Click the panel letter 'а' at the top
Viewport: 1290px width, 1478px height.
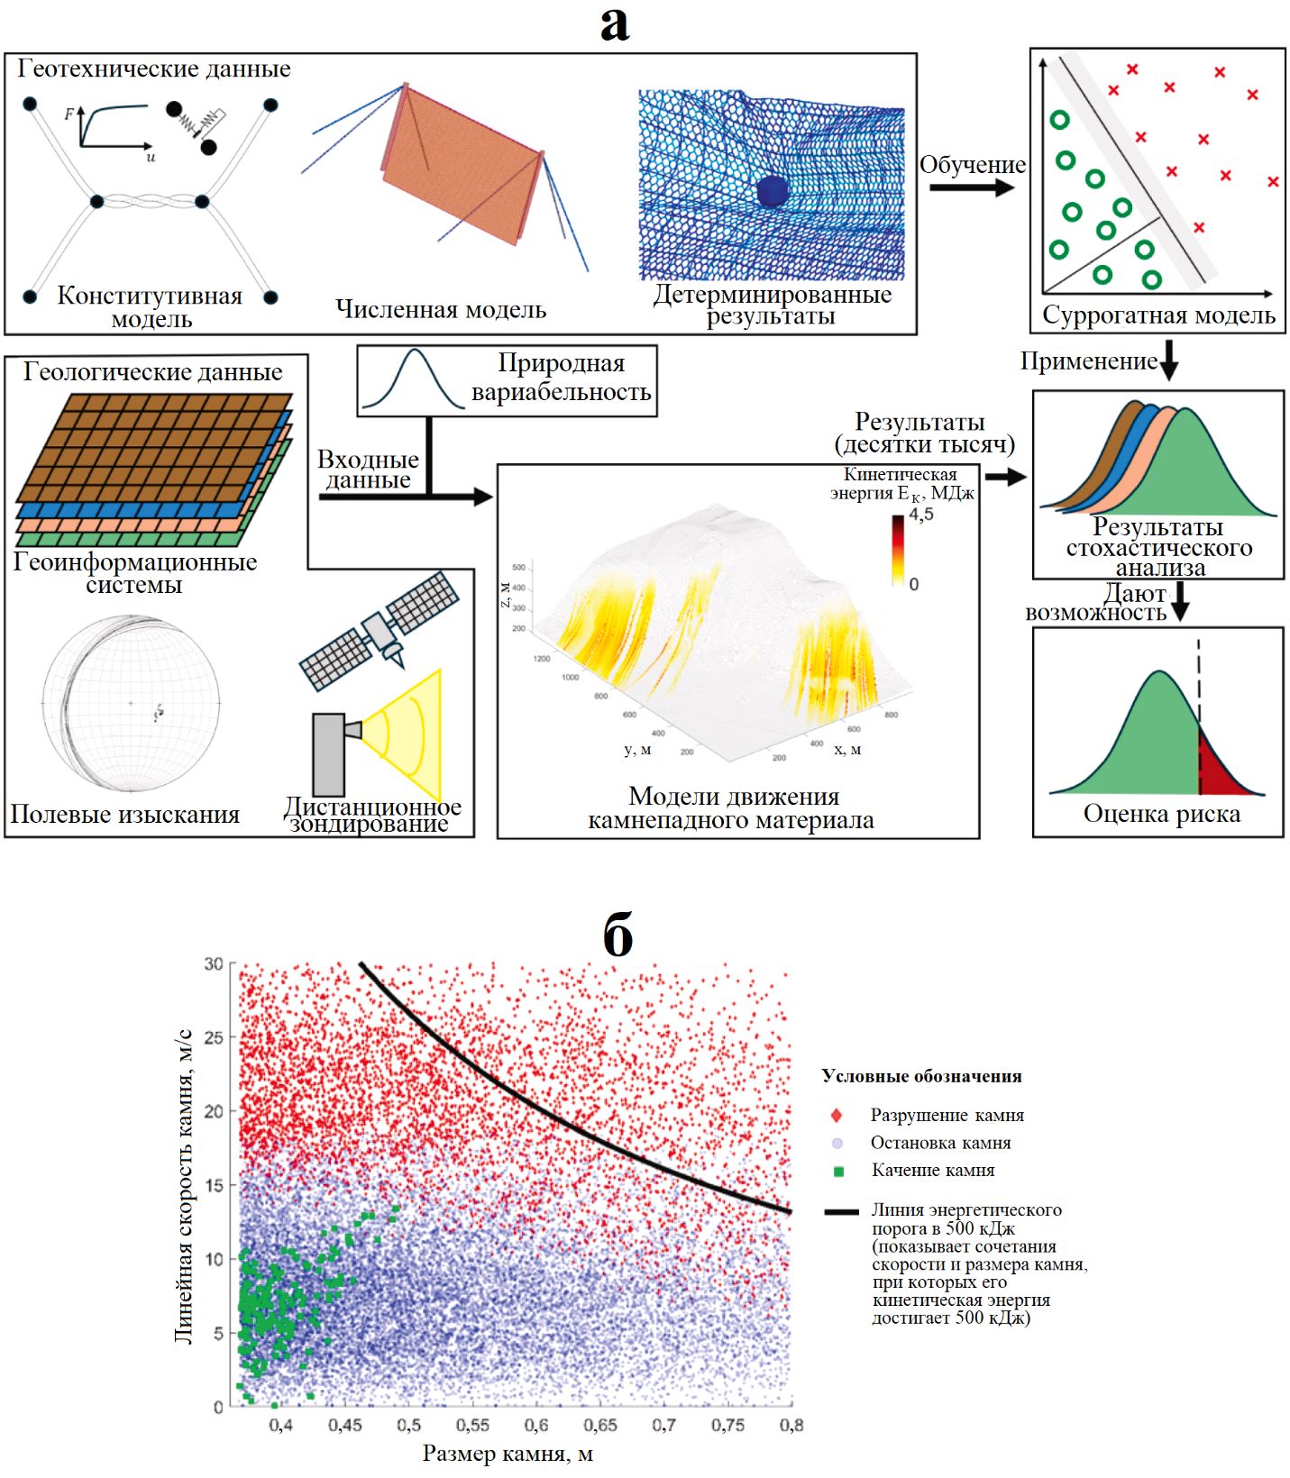click(615, 24)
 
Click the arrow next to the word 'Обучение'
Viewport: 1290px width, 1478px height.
click(971, 187)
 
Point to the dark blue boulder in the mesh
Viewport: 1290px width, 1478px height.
click(773, 192)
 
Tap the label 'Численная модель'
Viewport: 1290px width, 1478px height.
click(441, 309)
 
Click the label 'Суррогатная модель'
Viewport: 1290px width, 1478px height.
click(1158, 315)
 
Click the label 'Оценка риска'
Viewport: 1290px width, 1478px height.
click(1161, 814)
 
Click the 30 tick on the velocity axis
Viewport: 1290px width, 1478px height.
click(214, 964)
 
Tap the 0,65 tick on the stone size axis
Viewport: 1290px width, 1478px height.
click(599, 1425)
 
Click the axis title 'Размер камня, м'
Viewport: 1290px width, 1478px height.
click(508, 1454)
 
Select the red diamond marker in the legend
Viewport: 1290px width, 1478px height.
click(837, 1116)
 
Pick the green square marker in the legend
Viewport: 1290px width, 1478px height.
click(838, 1172)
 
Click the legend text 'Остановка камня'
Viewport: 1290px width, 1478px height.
click(940, 1143)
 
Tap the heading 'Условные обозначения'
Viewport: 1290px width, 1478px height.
click(921, 1076)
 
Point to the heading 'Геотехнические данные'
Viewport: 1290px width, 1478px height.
click(154, 68)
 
